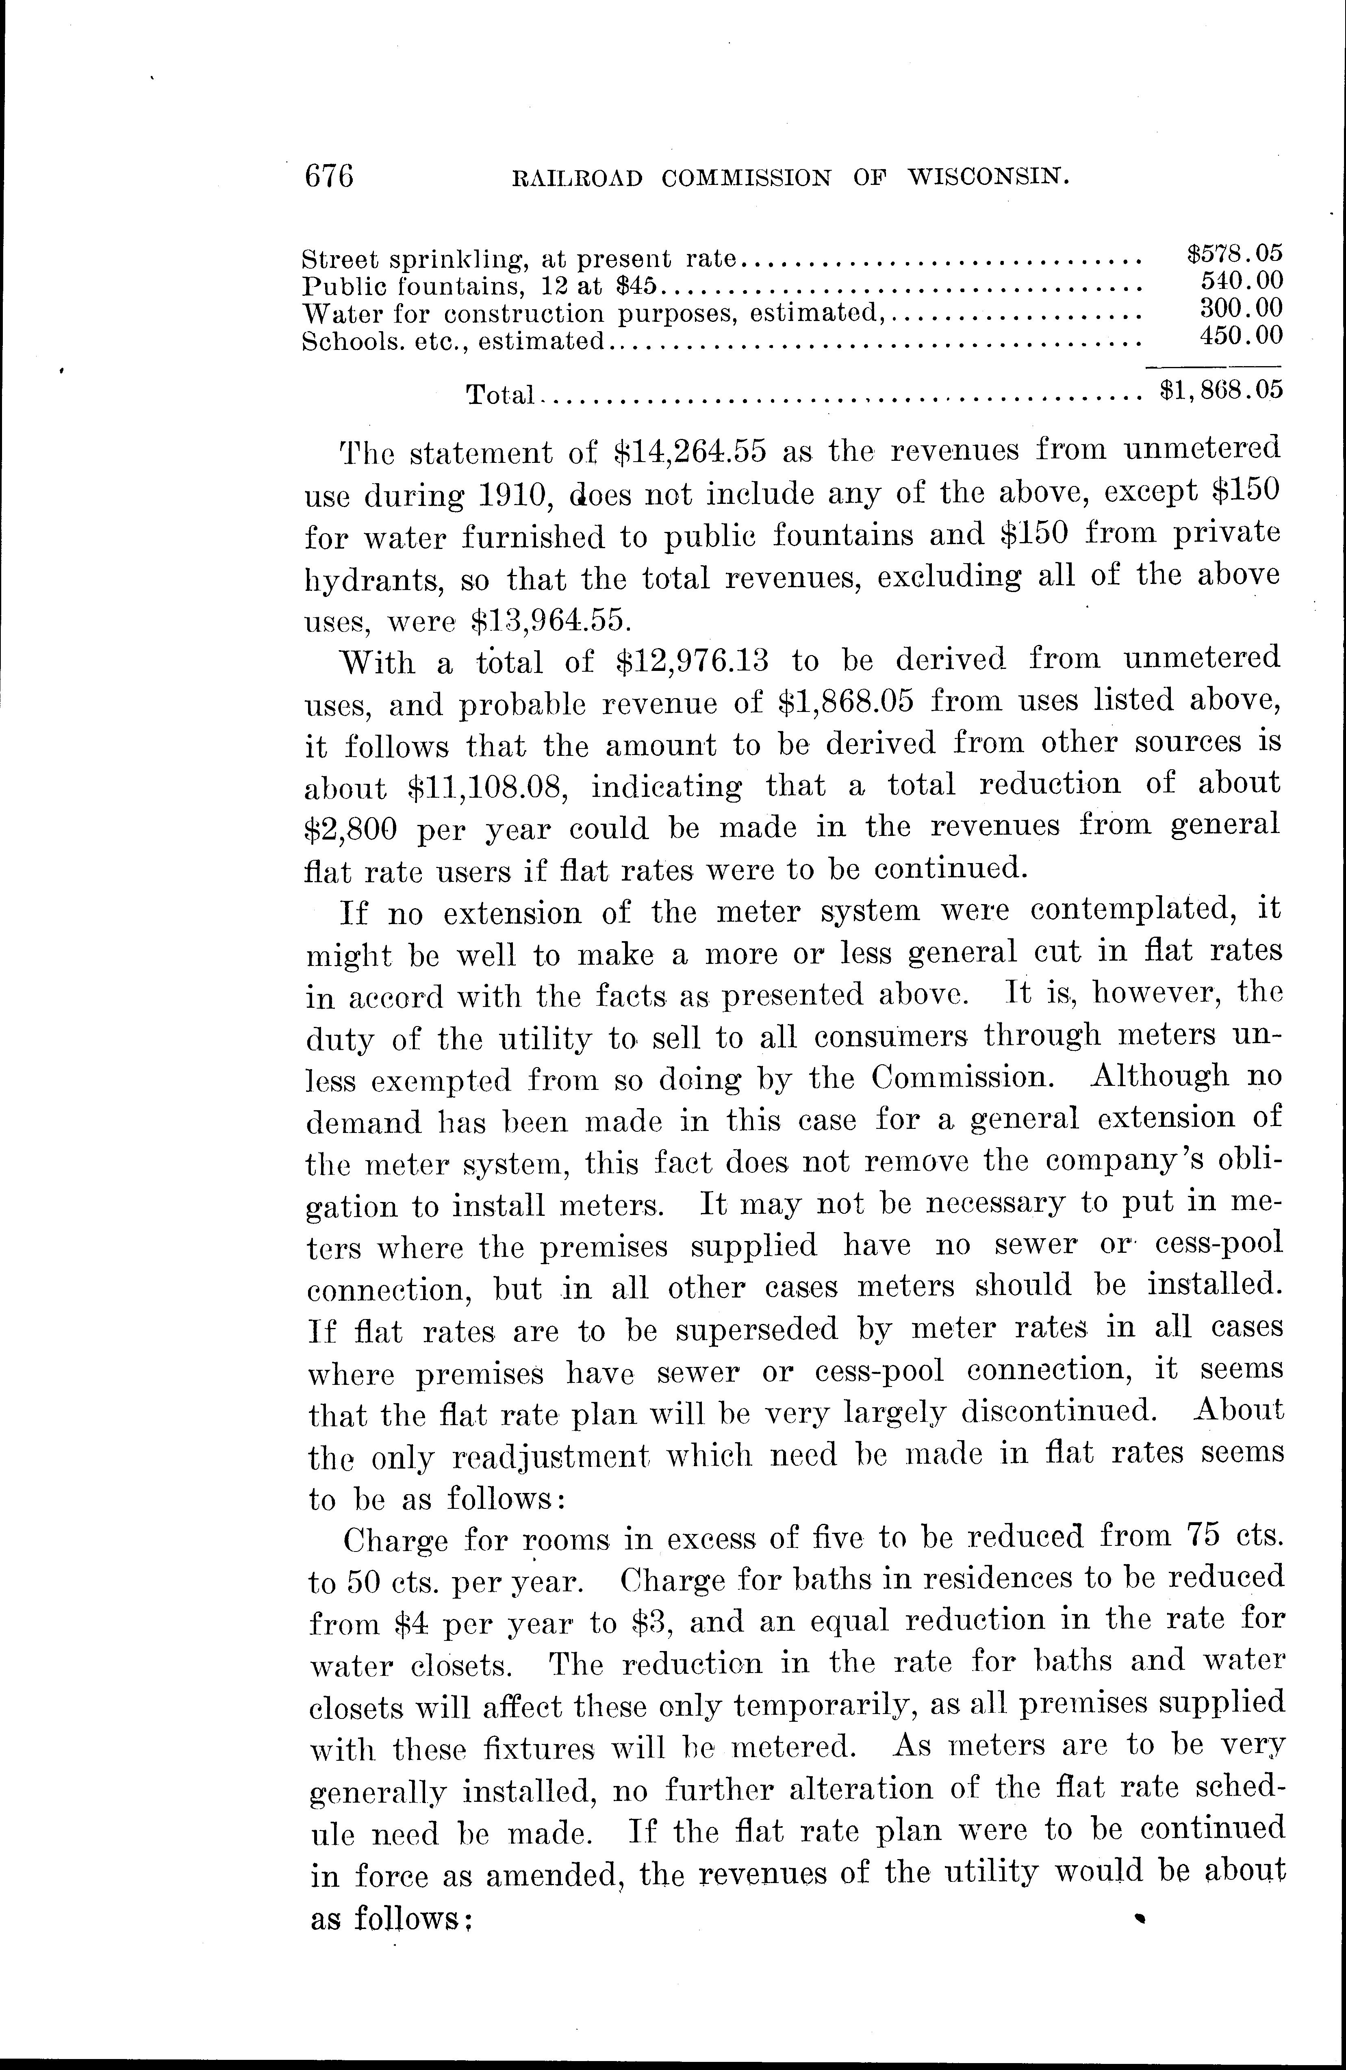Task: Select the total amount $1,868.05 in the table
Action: coord(1222,391)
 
